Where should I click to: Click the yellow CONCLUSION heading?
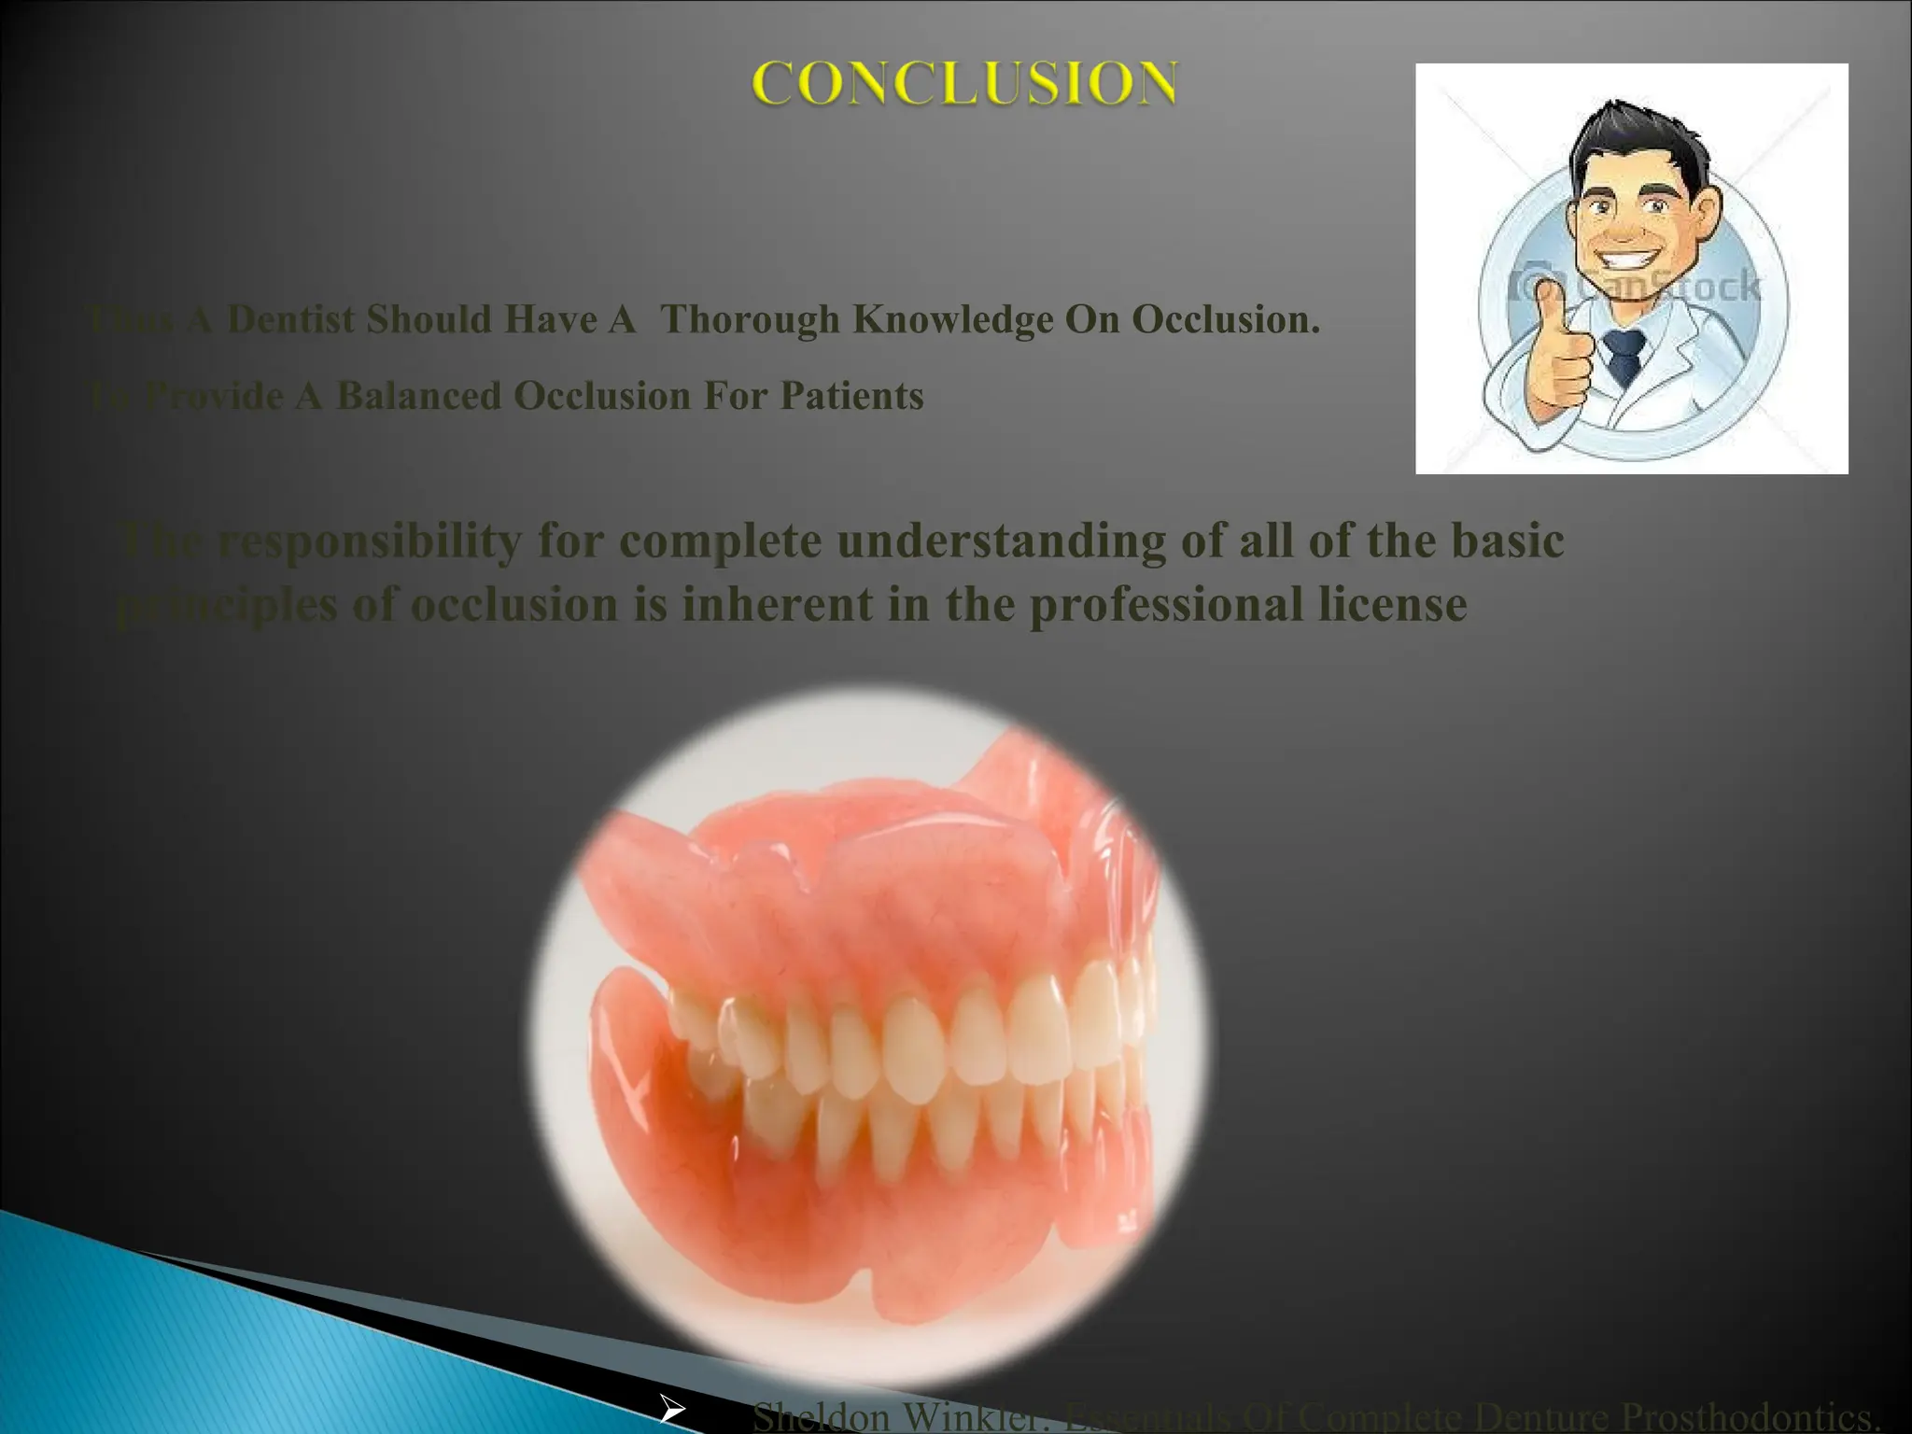(x=965, y=83)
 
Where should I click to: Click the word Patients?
(x=851, y=396)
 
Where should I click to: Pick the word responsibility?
(x=370, y=541)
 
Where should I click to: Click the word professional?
(x=1166, y=604)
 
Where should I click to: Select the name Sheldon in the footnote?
(x=820, y=1417)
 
